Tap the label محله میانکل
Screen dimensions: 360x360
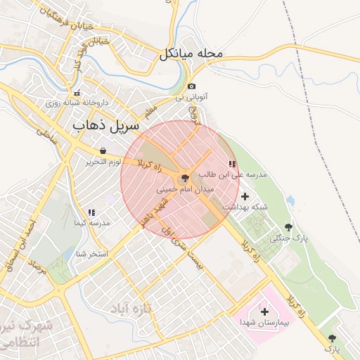[x=191, y=53]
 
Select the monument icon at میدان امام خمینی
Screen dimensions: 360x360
[x=185, y=179]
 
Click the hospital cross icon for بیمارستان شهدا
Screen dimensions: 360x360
[x=264, y=311]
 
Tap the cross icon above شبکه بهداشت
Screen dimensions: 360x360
[x=245, y=196]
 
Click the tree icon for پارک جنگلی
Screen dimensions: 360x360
[x=288, y=227]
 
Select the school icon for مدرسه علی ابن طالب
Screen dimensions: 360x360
[x=232, y=164]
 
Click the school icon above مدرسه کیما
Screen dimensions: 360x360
[x=91, y=212]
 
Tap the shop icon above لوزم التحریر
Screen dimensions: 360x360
[x=103, y=150]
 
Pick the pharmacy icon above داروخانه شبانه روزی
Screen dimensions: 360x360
[x=77, y=93]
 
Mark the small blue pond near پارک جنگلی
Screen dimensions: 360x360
[x=290, y=200]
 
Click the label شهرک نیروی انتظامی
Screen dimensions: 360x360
[x=27, y=334]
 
